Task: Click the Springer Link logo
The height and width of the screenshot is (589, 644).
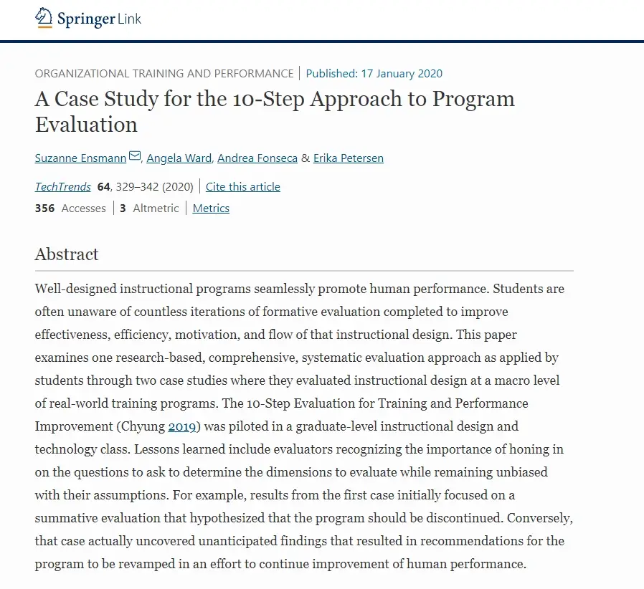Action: click(x=88, y=19)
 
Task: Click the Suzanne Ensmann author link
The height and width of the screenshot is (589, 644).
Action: click(x=80, y=158)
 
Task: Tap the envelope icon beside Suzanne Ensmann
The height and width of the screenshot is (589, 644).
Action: click(x=135, y=157)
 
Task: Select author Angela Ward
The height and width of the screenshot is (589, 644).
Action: click(x=179, y=158)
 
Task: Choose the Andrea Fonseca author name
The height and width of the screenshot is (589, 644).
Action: click(x=257, y=158)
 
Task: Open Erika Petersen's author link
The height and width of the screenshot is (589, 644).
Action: click(x=348, y=158)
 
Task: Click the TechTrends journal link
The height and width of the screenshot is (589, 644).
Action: click(x=63, y=187)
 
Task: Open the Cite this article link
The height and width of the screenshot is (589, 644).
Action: click(x=242, y=187)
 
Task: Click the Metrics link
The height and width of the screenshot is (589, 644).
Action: click(x=211, y=209)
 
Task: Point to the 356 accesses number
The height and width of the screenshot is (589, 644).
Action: click(x=44, y=209)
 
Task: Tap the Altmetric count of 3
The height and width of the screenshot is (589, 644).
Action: click(x=123, y=209)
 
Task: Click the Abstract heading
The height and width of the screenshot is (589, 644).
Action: click(x=67, y=254)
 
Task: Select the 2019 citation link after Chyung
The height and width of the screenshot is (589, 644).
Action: click(x=182, y=426)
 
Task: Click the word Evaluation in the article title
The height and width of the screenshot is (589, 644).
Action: click(x=86, y=125)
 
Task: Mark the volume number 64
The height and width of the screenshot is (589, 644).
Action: click(x=103, y=187)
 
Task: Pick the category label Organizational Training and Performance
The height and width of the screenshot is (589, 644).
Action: click(x=164, y=73)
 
